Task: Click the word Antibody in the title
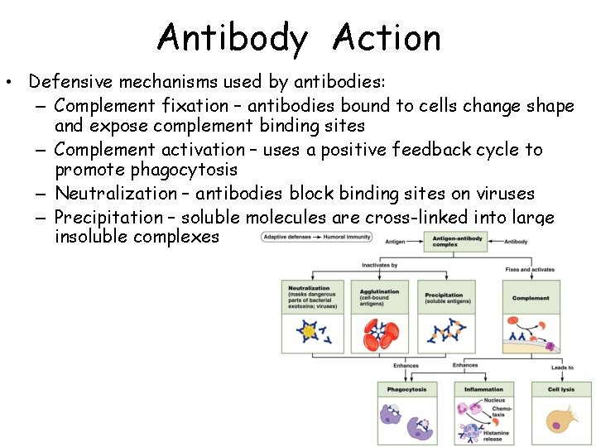pyautogui.click(x=233, y=38)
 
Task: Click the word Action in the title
pyautogui.click(x=387, y=38)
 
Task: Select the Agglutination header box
pyautogui.click(x=379, y=296)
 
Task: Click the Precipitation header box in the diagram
pyautogui.click(x=448, y=297)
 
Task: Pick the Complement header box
pyautogui.click(x=531, y=297)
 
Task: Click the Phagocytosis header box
pyautogui.click(x=407, y=389)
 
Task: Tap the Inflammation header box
pyautogui.click(x=483, y=389)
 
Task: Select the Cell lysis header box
pyautogui.click(x=561, y=389)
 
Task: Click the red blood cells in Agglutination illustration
pyautogui.click(x=379, y=334)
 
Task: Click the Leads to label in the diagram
pyautogui.click(x=562, y=368)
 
